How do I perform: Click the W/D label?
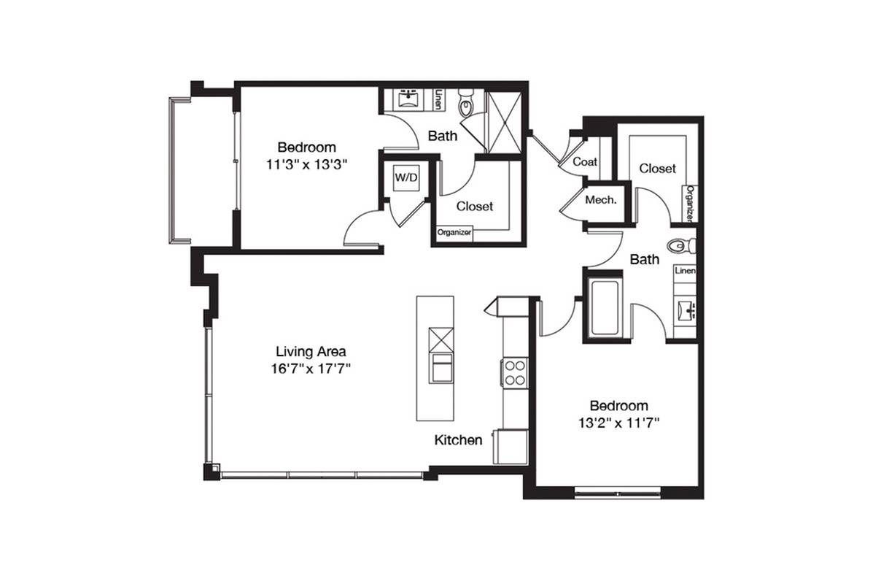(x=406, y=178)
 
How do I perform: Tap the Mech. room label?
(x=601, y=200)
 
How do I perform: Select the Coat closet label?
(x=585, y=161)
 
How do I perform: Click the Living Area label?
(x=311, y=352)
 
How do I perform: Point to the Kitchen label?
(x=458, y=440)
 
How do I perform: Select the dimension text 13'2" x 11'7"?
(x=618, y=423)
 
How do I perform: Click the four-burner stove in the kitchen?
(x=515, y=373)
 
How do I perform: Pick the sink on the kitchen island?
(x=441, y=368)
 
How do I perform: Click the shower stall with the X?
(x=505, y=121)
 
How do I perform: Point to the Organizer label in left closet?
(x=454, y=232)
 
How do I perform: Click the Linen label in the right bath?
(x=685, y=271)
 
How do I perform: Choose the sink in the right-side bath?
(x=686, y=310)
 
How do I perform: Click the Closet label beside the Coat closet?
(x=658, y=169)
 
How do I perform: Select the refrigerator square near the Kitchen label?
(x=510, y=446)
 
